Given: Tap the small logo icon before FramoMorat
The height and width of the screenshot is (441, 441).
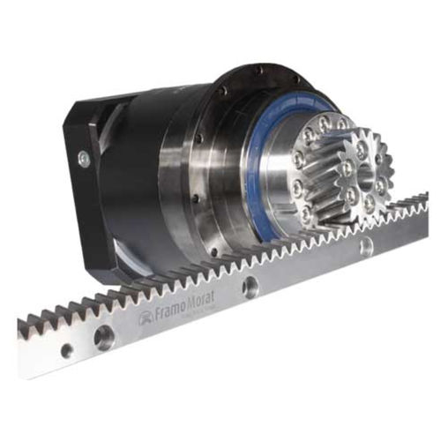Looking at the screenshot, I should (141, 318).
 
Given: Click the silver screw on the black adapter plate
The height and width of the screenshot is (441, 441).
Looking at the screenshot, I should (83, 159).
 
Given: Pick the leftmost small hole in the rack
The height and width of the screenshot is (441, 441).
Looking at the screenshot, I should (67, 350).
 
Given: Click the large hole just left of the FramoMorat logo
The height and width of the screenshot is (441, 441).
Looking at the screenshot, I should (105, 336).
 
